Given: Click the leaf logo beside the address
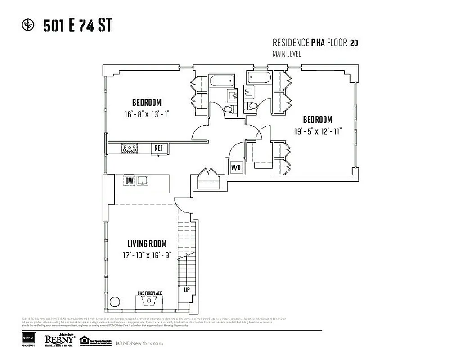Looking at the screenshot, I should pos(28,25).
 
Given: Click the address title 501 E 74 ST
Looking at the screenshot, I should pos(77,26).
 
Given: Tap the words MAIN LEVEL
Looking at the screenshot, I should pos(287,54).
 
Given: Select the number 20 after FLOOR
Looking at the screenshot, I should pos(354,43).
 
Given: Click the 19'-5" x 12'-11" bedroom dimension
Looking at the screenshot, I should pos(318,131).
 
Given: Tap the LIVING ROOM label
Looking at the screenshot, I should pos(147,244).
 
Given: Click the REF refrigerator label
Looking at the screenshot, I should pos(158,148).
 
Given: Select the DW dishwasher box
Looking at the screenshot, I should pos(130,181).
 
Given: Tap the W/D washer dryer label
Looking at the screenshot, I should pos(236,168).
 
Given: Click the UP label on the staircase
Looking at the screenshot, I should pos(187,290).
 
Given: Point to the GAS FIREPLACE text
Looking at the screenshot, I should pos(150,293).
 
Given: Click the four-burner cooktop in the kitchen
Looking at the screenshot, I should pos(129,148).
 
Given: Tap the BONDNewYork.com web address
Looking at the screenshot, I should pos(139,343).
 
